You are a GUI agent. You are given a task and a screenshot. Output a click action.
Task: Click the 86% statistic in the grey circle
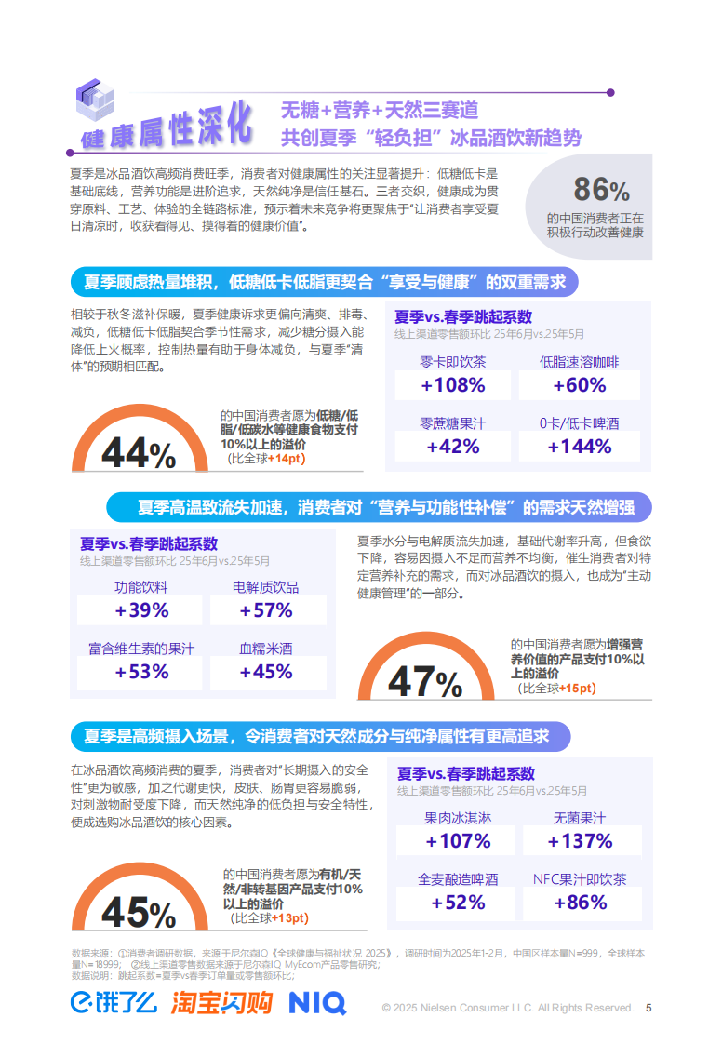pyautogui.click(x=601, y=190)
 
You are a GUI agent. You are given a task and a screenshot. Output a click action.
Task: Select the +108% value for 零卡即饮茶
pyautogui.click(x=452, y=385)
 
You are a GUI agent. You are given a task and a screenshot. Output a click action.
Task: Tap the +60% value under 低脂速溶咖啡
pyautogui.click(x=579, y=385)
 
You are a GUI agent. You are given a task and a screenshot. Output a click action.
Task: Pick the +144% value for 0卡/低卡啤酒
pyautogui.click(x=579, y=446)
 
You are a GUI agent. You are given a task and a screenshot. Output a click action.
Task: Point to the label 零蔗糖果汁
pyautogui.click(x=452, y=423)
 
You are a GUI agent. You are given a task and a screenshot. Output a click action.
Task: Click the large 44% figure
pyautogui.click(x=139, y=454)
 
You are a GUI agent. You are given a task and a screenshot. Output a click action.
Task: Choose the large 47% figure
pyautogui.click(x=425, y=682)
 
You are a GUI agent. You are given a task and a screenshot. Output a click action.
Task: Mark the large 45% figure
pyautogui.click(x=139, y=912)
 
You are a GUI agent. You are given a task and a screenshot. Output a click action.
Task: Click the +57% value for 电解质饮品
pyautogui.click(x=266, y=610)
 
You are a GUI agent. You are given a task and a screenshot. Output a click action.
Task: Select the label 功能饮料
pyautogui.click(x=141, y=588)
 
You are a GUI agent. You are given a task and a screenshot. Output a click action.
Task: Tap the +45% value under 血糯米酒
pyautogui.click(x=266, y=672)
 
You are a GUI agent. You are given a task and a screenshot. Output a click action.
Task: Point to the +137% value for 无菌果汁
pyautogui.click(x=580, y=841)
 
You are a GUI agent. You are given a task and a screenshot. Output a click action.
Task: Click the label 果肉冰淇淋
pyautogui.click(x=457, y=819)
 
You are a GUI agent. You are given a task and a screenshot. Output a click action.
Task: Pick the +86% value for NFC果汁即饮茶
pyautogui.click(x=580, y=903)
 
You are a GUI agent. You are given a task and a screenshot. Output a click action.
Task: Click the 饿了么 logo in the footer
pyautogui.click(x=114, y=1002)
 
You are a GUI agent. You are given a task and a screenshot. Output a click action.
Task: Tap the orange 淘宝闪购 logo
pyautogui.click(x=221, y=1002)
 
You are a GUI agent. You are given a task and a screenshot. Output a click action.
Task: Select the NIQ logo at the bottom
pyautogui.click(x=316, y=1002)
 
